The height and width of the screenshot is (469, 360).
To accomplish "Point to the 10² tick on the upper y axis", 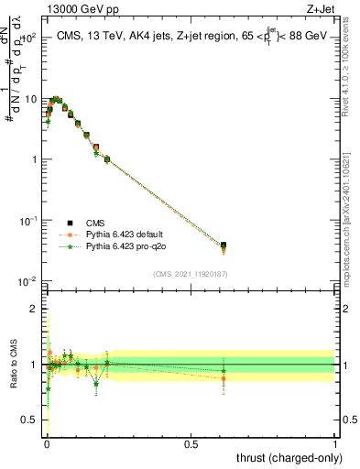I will click(x=30, y=38).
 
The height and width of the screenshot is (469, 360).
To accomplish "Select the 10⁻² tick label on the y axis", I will click(x=29, y=281).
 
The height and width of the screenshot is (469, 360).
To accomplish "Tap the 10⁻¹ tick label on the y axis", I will click(x=29, y=221).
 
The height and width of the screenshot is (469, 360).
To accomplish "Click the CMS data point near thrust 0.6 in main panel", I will click(x=224, y=245).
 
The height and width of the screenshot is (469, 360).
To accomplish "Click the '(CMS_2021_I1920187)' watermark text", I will click(x=190, y=274).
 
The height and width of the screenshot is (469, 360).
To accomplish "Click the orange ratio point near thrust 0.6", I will click(x=224, y=377).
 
